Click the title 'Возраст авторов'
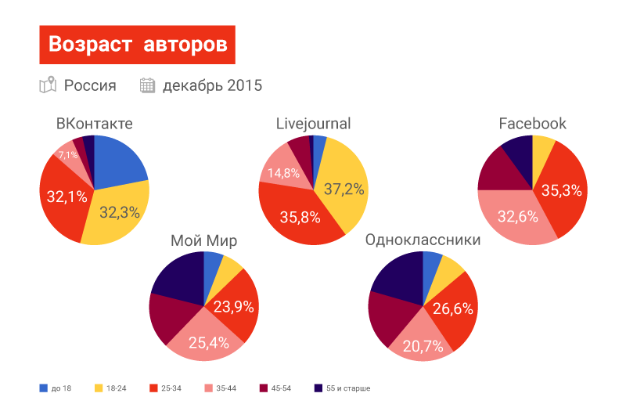click(137, 45)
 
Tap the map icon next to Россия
click(48, 85)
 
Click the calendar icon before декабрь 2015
click(147, 85)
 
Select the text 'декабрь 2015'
click(212, 85)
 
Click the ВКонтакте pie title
click(94, 124)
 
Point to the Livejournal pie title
click(313, 124)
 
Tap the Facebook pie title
click(532, 124)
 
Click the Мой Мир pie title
click(203, 240)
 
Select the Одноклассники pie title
click(423, 240)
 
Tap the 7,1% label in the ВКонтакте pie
click(67, 156)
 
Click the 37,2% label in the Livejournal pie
click(344, 189)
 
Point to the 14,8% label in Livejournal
click(283, 173)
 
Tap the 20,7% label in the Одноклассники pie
click(423, 345)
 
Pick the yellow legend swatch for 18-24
click(99, 388)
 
